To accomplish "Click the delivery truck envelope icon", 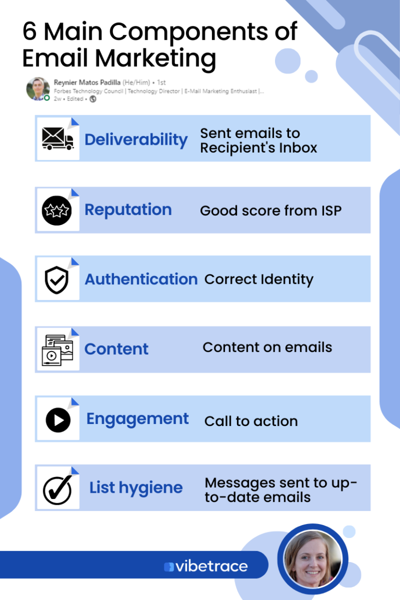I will pos(57,139).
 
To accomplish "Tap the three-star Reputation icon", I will pos(56,210).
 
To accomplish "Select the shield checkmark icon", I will pos(56,280).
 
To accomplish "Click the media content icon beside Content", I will pos(56,349).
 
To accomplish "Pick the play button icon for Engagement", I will pos(58,420).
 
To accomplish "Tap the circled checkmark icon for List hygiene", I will pos(57,489).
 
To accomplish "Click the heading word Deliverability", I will pos(136,140).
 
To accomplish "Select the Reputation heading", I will pos(128,210).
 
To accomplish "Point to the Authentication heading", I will pos(141,279).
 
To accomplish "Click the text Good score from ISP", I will pos(270,210).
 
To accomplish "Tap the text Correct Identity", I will pos(259,279).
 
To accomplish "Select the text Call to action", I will pos(251,421).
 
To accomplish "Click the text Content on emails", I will pos(267,347).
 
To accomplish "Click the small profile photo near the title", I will pos(38,89).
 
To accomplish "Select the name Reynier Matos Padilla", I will pos(87,82).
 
